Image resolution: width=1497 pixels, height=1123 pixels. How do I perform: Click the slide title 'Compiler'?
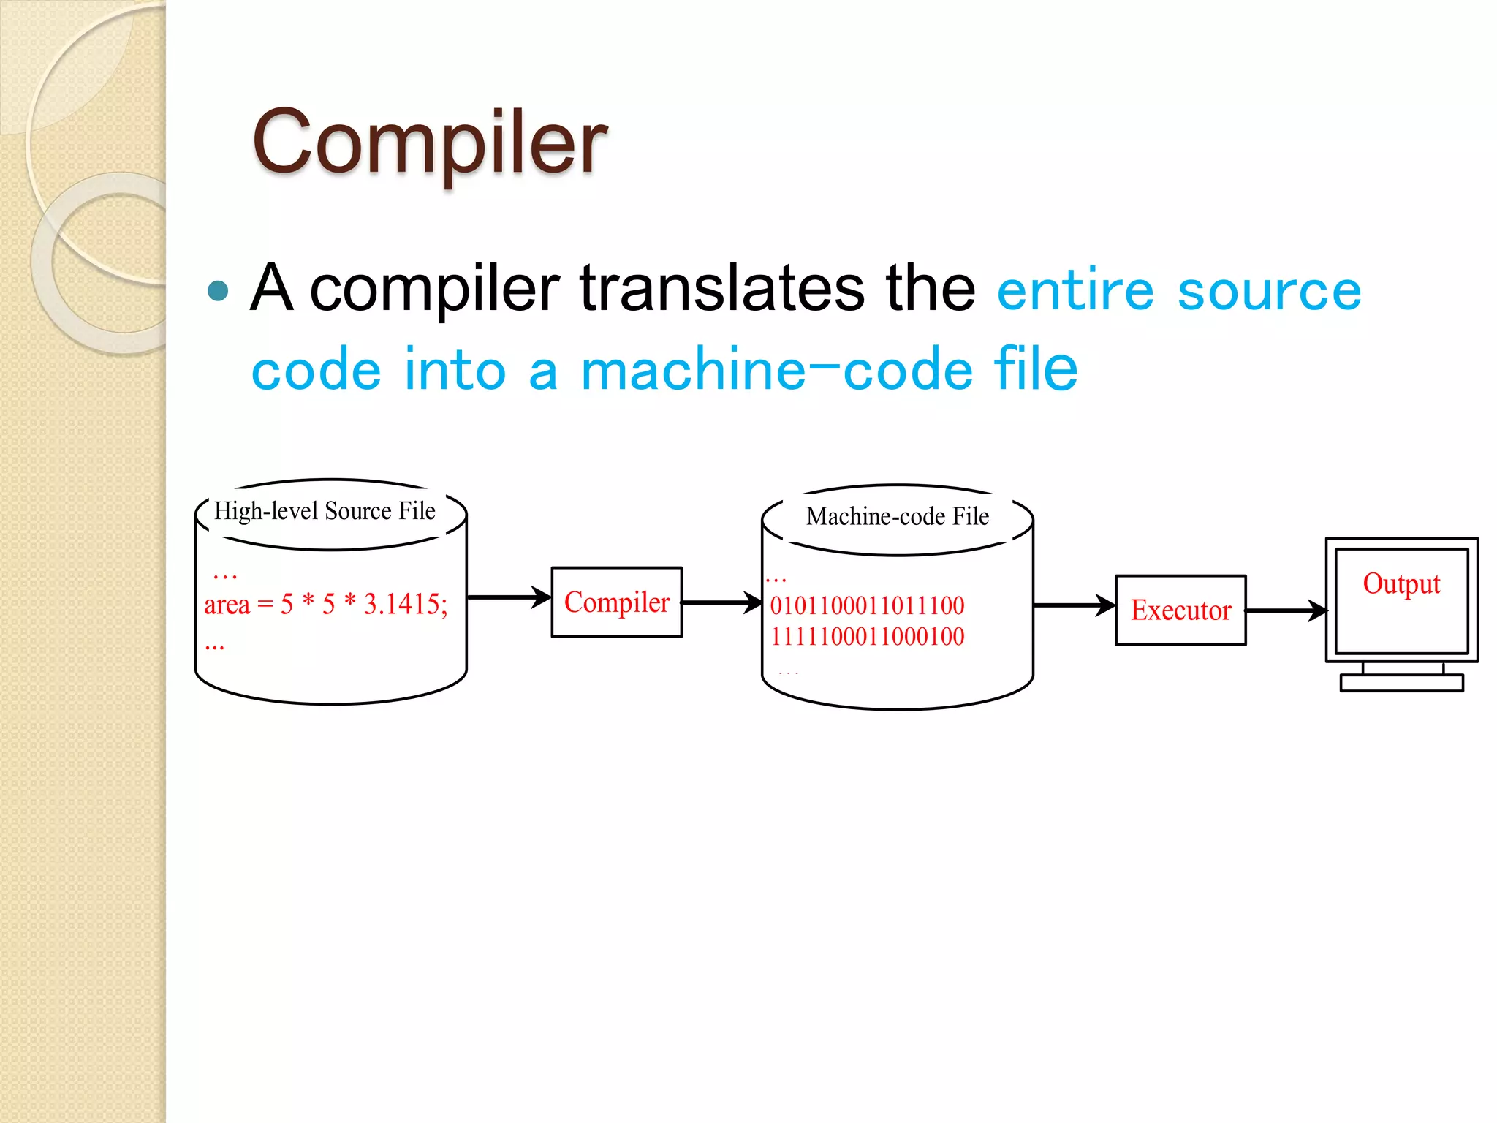(429, 142)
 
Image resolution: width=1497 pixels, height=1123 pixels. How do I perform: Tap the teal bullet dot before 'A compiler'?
(218, 291)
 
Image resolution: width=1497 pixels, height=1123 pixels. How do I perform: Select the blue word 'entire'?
(1075, 291)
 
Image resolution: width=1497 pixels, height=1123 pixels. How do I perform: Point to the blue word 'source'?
(1270, 291)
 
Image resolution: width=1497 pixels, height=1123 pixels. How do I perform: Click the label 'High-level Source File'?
(325, 511)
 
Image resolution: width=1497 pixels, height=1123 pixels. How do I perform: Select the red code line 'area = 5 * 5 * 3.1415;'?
(326, 605)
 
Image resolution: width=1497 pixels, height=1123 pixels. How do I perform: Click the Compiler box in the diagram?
(617, 602)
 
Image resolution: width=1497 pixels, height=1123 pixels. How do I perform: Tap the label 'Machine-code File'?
(898, 517)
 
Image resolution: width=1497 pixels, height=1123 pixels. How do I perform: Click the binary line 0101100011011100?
(867, 605)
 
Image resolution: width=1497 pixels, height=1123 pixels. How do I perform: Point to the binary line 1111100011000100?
(867, 637)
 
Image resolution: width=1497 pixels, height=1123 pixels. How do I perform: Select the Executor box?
(1180, 610)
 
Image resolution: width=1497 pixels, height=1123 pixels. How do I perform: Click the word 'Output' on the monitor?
(1401, 584)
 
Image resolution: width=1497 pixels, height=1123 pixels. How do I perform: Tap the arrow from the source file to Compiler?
(508, 597)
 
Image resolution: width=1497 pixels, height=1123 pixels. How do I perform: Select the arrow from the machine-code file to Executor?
(1074, 605)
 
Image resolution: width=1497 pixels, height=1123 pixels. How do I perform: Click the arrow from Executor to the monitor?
(1286, 610)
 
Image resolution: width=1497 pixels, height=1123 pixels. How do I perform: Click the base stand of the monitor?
(1401, 683)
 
